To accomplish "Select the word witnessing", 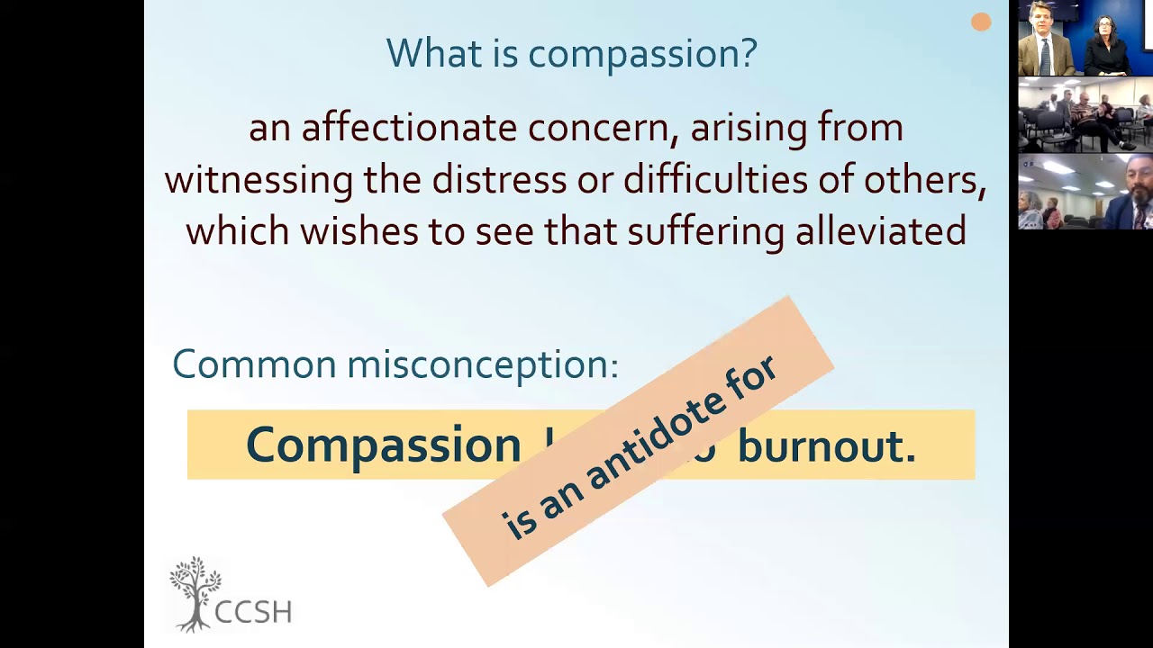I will click(259, 180).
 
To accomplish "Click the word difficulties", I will click(715, 180).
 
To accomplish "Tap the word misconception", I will click(483, 364).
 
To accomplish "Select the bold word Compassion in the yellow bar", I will click(383, 445).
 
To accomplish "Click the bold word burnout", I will click(826, 445).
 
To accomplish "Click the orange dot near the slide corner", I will click(981, 22).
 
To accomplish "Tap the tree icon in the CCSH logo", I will click(195, 590).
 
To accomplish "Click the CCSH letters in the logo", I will click(253, 612).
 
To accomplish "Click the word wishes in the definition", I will click(359, 231).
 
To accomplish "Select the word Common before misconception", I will click(254, 364).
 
